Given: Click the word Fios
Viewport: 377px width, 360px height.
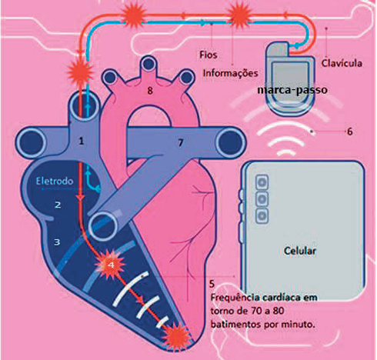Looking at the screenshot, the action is click(209, 55).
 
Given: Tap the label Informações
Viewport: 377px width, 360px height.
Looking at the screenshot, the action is click(230, 73).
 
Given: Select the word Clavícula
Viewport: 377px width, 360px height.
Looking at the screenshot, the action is click(342, 63).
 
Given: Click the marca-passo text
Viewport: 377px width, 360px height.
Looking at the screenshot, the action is click(292, 90).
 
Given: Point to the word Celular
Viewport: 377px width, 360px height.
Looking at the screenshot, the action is click(300, 251).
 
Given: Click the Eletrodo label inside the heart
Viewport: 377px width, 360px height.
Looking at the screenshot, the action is click(55, 181).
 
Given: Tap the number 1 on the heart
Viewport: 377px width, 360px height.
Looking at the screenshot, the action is click(82, 141).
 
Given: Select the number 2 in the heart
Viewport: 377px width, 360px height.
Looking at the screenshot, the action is click(58, 205).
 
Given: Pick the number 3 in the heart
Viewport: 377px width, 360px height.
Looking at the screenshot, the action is click(57, 242).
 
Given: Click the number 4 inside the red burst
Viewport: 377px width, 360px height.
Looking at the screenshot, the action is click(111, 265).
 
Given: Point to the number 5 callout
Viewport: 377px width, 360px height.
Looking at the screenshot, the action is click(212, 284).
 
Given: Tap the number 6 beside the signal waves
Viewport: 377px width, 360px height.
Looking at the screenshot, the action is click(349, 132).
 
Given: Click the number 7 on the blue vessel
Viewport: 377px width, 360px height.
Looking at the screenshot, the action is click(181, 142).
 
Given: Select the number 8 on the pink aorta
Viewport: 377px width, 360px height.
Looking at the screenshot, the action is click(150, 90).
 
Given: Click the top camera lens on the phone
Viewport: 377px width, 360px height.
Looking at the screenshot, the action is click(262, 182).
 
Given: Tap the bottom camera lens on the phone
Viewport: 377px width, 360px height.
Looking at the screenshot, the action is click(262, 216).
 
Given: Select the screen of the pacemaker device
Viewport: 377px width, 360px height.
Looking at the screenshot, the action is click(290, 80).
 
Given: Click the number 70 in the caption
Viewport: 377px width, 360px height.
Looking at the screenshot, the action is click(255, 311).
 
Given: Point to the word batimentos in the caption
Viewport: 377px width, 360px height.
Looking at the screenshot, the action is click(235, 325).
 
